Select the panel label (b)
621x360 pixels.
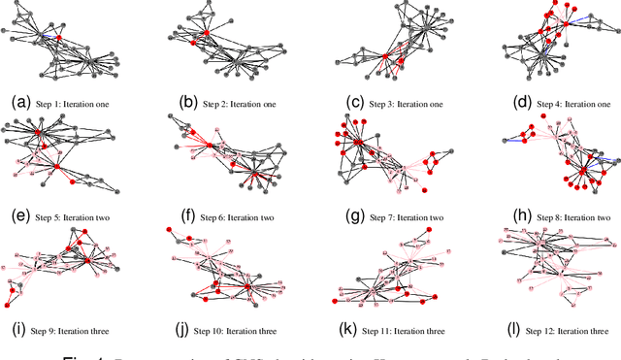coord(188,101)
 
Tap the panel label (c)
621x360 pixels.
coord(345,101)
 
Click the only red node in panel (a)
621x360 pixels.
coord(59,38)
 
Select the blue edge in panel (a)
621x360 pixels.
coord(49,36)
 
